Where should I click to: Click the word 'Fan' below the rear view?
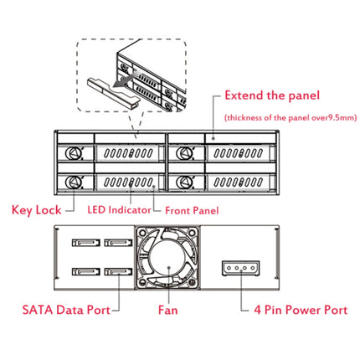click(x=167, y=309)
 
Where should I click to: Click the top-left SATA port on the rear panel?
click(x=85, y=244)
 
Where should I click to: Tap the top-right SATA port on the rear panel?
click(x=115, y=244)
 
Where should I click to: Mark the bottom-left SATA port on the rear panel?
click(x=85, y=271)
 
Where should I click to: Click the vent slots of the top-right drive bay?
click(x=239, y=154)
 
